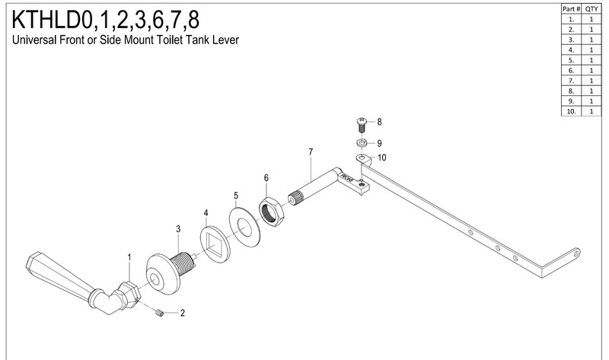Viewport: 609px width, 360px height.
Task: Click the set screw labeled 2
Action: pos(159,312)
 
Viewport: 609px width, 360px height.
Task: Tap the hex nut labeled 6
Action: pos(272,211)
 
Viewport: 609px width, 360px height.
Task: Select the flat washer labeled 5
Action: pos(244,228)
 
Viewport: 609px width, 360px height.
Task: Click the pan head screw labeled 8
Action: pos(362,124)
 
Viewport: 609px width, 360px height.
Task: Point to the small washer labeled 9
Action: pos(362,143)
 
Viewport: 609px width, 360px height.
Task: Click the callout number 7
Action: pos(311,152)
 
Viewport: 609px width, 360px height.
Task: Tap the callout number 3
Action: pos(178,229)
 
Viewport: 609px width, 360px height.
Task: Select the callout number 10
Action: pos(382,158)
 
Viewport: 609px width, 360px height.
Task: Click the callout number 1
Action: pos(129,257)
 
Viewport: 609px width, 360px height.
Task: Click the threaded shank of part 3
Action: pos(184,263)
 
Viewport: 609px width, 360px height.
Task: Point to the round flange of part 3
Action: pos(163,274)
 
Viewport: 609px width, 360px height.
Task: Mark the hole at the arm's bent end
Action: pos(576,254)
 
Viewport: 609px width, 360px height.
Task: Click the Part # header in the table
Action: pos(571,8)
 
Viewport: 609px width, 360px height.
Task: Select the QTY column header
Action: pos(591,8)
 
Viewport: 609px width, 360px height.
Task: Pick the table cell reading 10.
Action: pos(572,111)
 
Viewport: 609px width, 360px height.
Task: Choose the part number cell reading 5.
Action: pos(572,60)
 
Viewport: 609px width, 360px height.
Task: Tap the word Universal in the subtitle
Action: pos(34,40)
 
